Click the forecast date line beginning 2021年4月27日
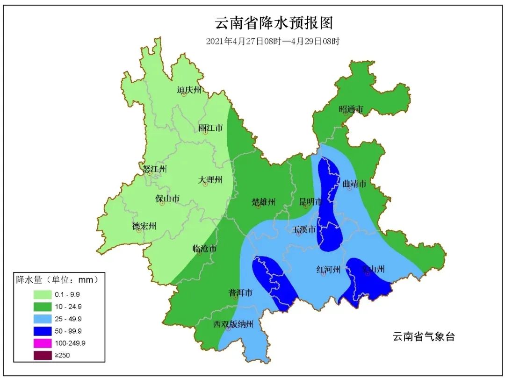pyautogui.click(x=273, y=41)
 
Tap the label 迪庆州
pyautogui.click(x=189, y=90)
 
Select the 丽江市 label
pyautogui.click(x=210, y=128)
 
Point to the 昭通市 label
pyautogui.click(x=351, y=109)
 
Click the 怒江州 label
pyautogui.click(x=154, y=169)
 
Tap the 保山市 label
pyautogui.click(x=167, y=199)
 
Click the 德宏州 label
pyautogui.click(x=144, y=227)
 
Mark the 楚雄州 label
pyautogui.click(x=264, y=202)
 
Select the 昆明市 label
pyautogui.click(x=311, y=202)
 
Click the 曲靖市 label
pyautogui.click(x=354, y=184)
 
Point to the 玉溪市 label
pyautogui.click(x=304, y=229)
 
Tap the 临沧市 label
pyautogui.click(x=205, y=249)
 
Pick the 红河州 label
pyautogui.click(x=328, y=269)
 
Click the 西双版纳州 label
pyautogui.click(x=233, y=324)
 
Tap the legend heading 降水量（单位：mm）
pyautogui.click(x=58, y=280)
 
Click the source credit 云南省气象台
pyautogui.click(x=424, y=336)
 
